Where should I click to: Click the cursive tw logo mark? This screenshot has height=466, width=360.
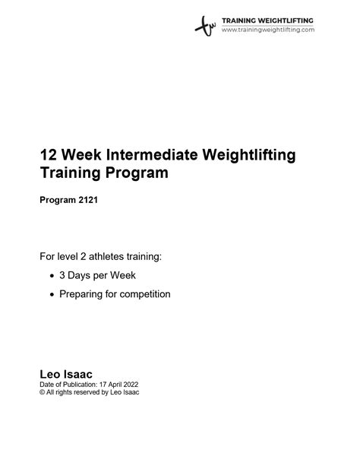point(205,26)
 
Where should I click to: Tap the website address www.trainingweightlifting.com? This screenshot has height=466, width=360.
point(268,30)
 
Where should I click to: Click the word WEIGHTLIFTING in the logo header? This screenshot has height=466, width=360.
point(286,21)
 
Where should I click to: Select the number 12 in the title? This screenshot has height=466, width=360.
point(49,154)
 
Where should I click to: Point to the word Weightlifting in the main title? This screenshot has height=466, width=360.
point(249,155)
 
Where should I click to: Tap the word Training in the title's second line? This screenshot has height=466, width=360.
point(71,173)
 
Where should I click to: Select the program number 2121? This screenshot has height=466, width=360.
point(88,200)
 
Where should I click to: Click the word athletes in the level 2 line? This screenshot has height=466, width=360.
point(106,256)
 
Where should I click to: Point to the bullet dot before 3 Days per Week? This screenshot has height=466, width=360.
point(52,276)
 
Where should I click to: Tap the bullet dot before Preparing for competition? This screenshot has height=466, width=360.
point(52,295)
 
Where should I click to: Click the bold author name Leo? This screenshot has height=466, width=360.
point(50,374)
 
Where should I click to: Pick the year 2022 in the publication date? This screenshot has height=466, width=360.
point(131,385)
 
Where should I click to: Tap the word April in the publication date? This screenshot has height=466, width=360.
point(115,385)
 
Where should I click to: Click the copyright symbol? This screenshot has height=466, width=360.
point(43,392)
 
